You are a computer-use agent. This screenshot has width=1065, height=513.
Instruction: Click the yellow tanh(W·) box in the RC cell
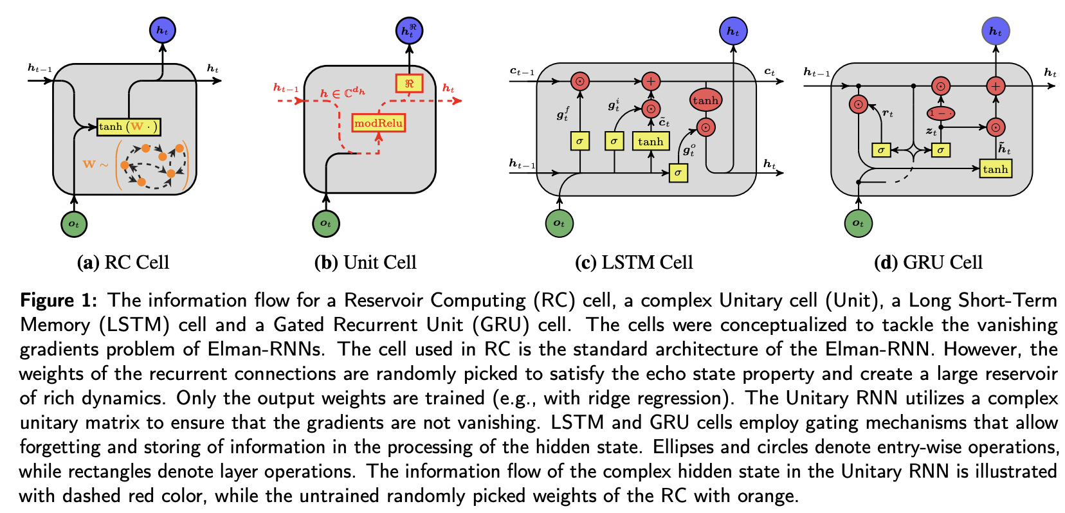point(128,127)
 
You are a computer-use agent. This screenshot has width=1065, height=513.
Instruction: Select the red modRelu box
point(378,123)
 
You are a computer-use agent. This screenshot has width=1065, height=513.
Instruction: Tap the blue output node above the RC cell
point(162,30)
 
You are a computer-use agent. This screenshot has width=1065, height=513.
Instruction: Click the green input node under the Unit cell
point(325,223)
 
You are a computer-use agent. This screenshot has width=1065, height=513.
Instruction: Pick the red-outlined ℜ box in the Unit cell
point(409,84)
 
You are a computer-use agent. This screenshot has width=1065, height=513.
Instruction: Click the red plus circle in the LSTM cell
point(651,81)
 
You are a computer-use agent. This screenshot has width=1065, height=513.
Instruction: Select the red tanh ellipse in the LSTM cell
point(705,100)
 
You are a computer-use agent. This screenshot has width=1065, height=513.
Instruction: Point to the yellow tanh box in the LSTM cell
point(650,141)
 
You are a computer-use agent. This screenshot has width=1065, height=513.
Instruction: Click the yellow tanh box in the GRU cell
point(995,169)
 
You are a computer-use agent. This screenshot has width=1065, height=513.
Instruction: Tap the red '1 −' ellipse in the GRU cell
point(940,113)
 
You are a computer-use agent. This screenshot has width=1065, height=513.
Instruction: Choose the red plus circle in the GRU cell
point(996,85)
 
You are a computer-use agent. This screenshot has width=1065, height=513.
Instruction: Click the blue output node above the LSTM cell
point(733,31)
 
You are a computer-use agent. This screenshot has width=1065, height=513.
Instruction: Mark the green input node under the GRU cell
point(858,223)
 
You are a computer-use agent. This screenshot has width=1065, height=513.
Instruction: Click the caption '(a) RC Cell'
point(123,262)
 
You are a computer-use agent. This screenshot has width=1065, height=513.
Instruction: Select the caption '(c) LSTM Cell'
point(633,262)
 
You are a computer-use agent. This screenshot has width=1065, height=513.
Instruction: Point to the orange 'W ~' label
point(95,165)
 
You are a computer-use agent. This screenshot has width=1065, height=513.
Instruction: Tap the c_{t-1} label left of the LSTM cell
point(522,71)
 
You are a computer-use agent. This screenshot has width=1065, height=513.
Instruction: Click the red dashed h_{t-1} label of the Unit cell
point(286,88)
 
